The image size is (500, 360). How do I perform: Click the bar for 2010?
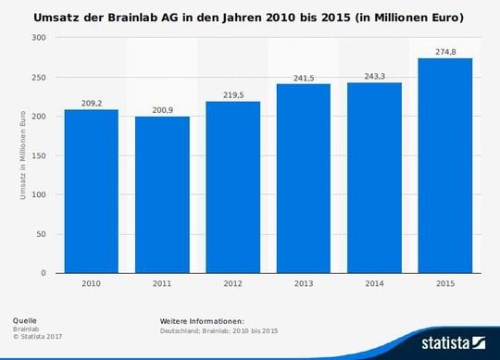coord(91,192)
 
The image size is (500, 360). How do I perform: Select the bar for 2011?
coord(162,195)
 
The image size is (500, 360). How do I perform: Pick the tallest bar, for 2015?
coord(444,166)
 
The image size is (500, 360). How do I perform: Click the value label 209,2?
coord(91,104)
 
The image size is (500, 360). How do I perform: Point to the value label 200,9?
coord(162,110)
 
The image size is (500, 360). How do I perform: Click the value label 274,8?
coord(444,52)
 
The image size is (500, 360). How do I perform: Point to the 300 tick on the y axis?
coord(41,38)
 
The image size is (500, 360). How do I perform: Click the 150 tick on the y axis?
coord(41,155)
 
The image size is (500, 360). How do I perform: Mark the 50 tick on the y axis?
coord(43,234)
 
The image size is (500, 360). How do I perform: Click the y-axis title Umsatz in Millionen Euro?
coord(22,155)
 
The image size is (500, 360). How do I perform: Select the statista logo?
coord(454,343)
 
